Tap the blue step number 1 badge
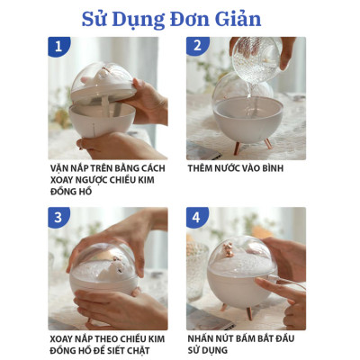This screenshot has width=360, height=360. [x=58, y=46]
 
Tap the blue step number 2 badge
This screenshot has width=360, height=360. [x=197, y=46]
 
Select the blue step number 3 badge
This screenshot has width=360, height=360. [x=58, y=217]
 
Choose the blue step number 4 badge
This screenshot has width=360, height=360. [x=197, y=217]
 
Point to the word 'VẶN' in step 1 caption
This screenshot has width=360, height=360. [x=62, y=168]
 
